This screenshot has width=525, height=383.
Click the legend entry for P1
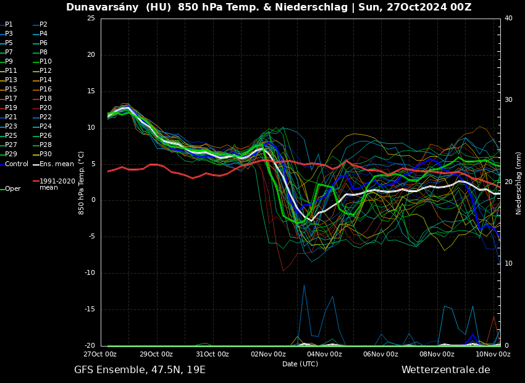tap(9, 25)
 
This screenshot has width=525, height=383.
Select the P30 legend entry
tap(46, 154)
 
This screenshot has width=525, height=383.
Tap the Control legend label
tap(17, 164)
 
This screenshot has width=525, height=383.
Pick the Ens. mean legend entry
tap(56, 164)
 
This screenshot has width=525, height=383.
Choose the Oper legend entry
tap(13, 189)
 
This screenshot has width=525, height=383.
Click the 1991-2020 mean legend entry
tap(57, 184)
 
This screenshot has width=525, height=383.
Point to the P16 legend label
tap(46, 90)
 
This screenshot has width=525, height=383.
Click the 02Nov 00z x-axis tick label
tap(268, 355)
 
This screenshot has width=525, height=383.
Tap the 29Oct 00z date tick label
tap(156, 355)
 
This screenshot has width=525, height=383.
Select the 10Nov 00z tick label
tap(493, 355)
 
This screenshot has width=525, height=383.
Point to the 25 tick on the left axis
tap(91, 18)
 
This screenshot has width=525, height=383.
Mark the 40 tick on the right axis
tap(508, 18)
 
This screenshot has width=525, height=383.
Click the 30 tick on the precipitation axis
tap(508, 100)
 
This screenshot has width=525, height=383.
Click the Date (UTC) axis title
tap(300, 364)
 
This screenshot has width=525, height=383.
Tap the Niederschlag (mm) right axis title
tap(519, 183)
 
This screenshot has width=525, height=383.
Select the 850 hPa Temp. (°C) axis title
tap(82, 183)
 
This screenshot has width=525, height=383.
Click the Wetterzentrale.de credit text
tap(445, 370)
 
